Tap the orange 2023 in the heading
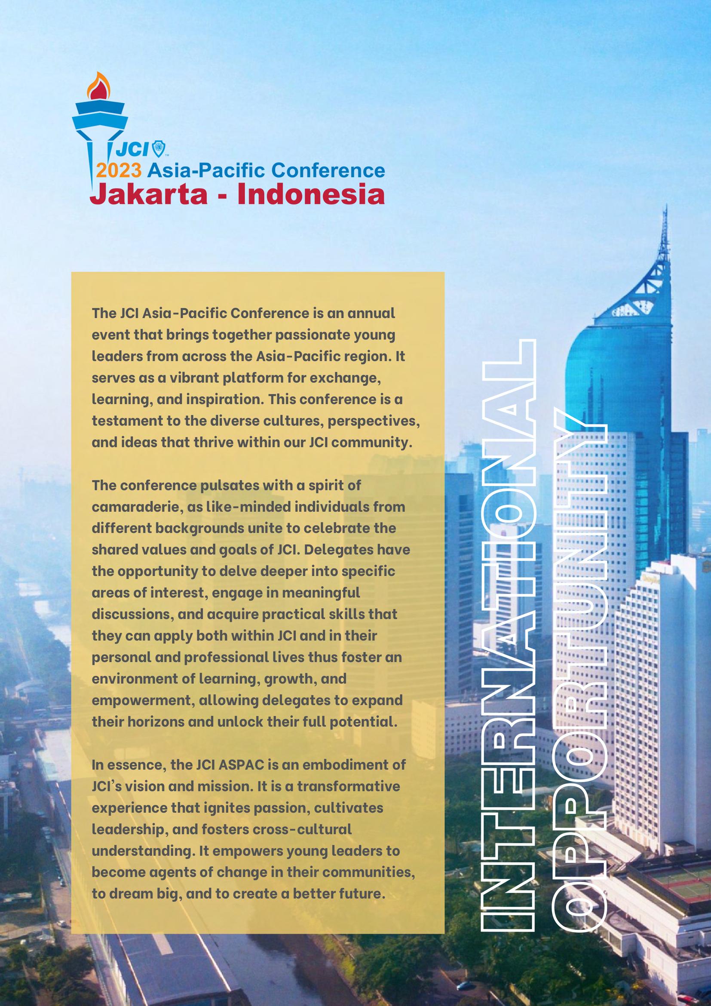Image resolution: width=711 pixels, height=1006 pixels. tap(119, 170)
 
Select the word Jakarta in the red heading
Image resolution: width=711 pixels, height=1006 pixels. tap(148, 194)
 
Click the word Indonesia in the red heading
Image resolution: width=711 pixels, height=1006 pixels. tap(311, 194)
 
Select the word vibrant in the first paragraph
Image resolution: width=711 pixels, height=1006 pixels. tap(190, 377)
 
